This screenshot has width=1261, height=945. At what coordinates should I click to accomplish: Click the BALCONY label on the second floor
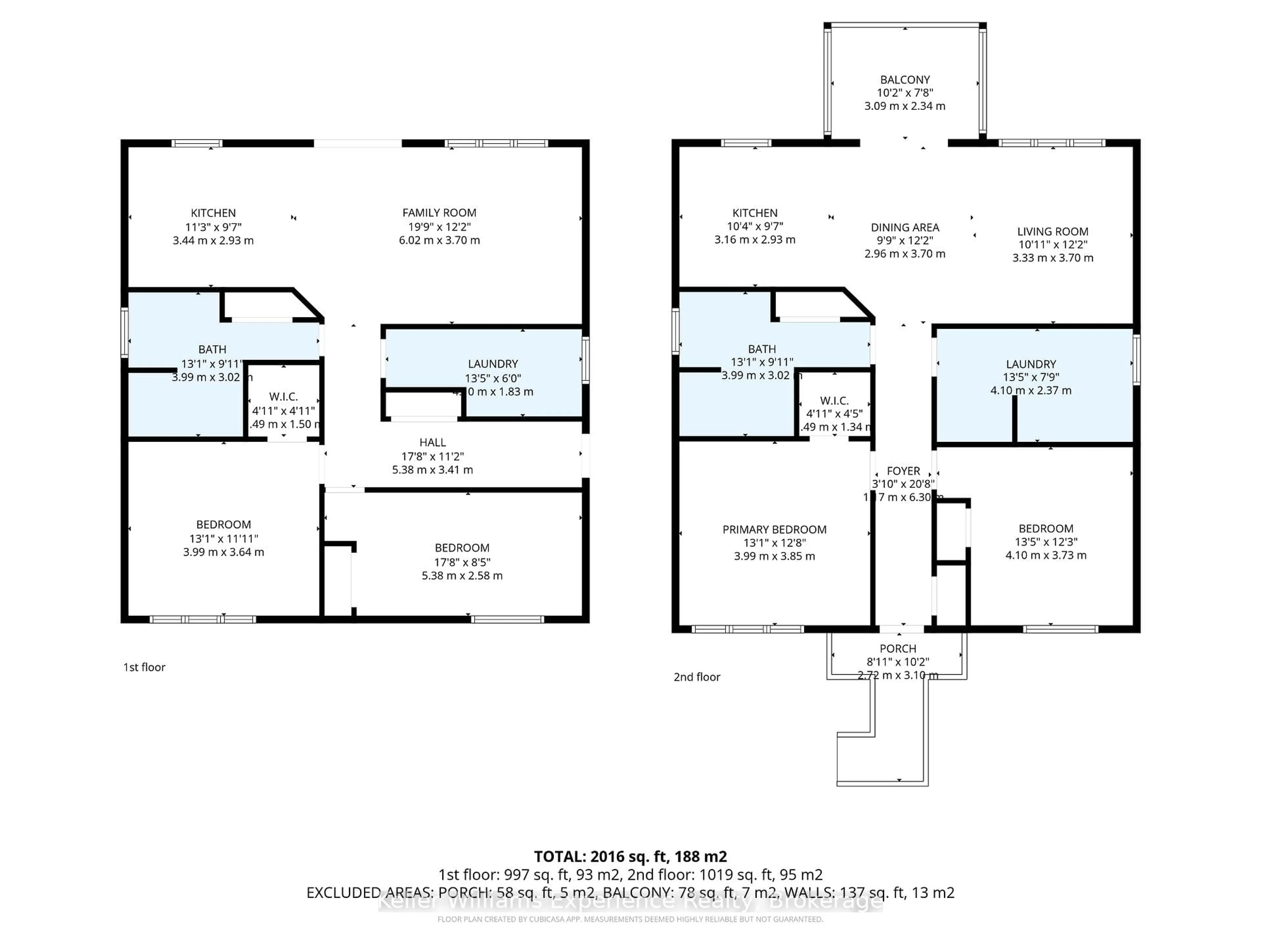tap(905, 80)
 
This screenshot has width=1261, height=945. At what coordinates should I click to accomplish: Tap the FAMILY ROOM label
tap(439, 213)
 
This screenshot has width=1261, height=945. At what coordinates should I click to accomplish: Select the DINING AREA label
tap(905, 227)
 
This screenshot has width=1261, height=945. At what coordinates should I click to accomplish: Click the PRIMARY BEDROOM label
tap(774, 529)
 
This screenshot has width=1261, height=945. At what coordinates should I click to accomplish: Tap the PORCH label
tap(898, 648)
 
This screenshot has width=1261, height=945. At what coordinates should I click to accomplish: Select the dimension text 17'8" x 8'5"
tap(462, 562)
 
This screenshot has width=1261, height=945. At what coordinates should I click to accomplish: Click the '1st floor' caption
tap(144, 667)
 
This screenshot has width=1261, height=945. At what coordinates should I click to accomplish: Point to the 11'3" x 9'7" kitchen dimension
tap(213, 227)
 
